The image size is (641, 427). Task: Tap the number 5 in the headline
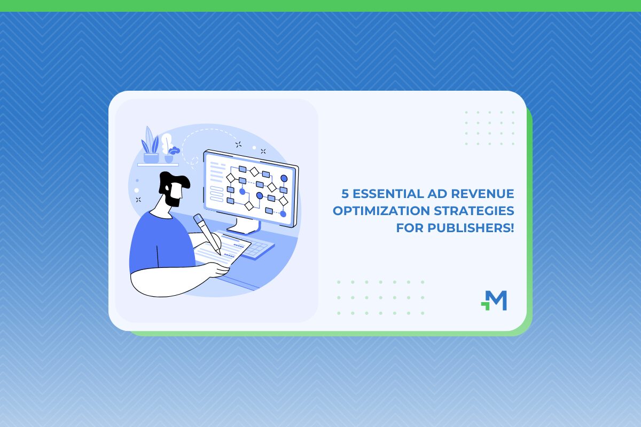345,194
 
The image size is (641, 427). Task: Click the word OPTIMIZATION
381,211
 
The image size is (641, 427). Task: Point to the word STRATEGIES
474,211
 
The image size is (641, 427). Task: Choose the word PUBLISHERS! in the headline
471,228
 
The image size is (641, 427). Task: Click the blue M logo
494,301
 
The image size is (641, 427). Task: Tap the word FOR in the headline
410,228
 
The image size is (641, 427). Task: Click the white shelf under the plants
158,165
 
